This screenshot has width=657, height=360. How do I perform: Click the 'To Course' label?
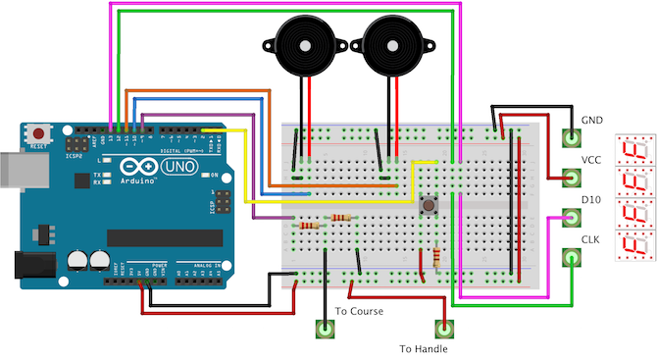click(359, 311)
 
